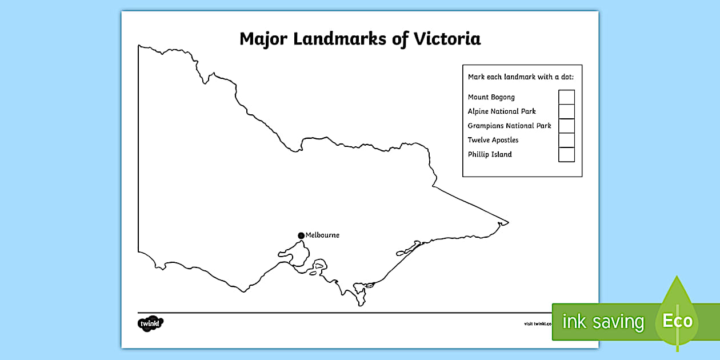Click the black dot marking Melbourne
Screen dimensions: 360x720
(301, 235)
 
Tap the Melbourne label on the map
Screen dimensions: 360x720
(322, 235)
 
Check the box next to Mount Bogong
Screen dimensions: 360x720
(566, 97)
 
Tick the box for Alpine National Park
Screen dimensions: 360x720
(566, 111)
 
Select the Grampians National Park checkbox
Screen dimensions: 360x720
(566, 126)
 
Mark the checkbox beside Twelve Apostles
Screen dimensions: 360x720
(566, 140)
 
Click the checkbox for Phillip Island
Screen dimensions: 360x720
(566, 154)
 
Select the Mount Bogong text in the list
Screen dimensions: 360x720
(491, 97)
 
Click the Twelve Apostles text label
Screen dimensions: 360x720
(493, 140)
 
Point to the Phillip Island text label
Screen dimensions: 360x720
(490, 154)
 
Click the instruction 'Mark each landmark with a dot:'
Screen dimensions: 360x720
(521, 77)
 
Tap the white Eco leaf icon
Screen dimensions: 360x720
(677, 320)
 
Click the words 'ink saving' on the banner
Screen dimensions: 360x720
(603, 322)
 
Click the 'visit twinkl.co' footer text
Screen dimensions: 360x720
(538, 323)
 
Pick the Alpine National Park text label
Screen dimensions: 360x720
(502, 111)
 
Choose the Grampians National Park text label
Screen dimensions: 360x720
(509, 126)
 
